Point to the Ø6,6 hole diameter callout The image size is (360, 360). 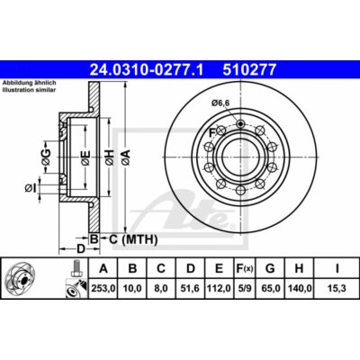(223, 103)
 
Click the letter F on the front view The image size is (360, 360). (213, 134)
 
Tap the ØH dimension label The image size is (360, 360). (108, 159)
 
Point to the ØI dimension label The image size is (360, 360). (30, 187)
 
